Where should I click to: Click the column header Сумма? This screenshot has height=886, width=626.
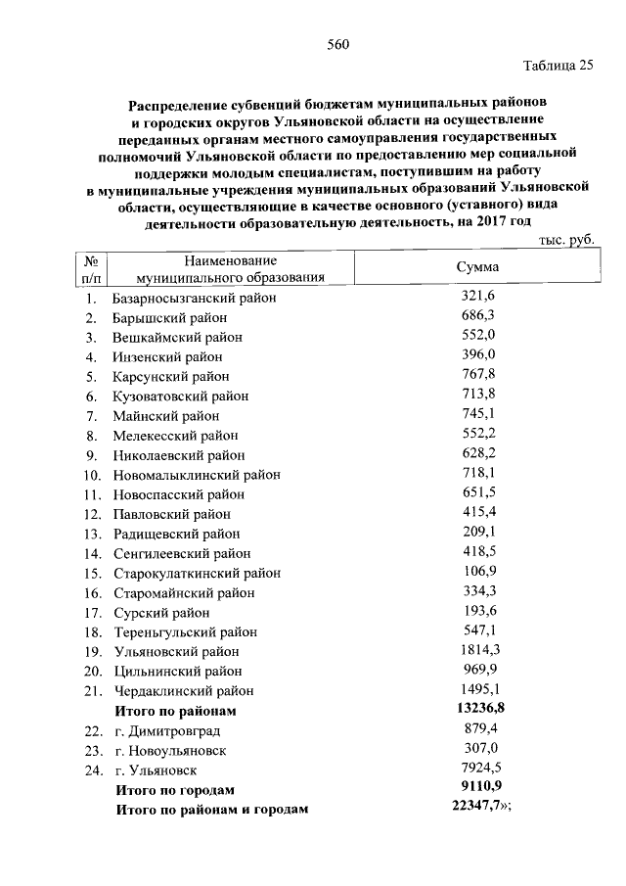tap(477, 268)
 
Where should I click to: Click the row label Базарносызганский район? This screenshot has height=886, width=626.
tap(195, 298)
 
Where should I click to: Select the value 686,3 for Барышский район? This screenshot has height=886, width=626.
tap(477, 317)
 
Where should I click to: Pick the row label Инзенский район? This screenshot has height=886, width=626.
tap(167, 356)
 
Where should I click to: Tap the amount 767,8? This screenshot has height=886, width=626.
tap(477, 376)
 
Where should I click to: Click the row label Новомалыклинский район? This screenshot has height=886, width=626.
tap(197, 475)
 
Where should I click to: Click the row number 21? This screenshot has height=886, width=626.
tap(92, 690)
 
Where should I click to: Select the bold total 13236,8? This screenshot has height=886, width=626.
tap(478, 710)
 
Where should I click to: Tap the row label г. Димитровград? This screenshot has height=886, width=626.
tap(167, 730)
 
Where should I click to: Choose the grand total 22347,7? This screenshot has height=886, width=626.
tap(477, 809)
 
